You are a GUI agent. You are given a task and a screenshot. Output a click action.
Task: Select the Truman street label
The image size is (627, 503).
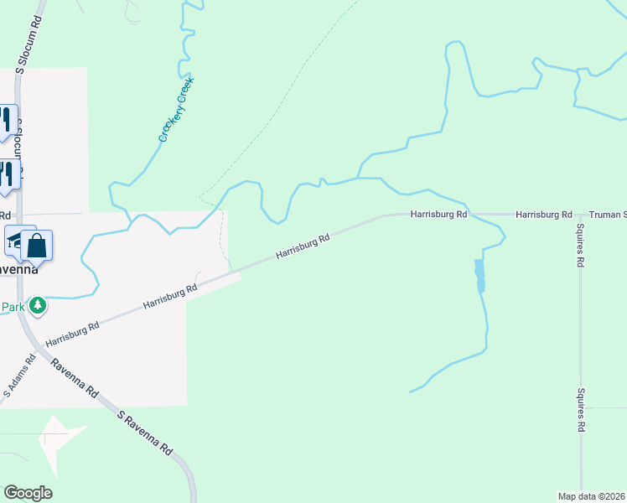coord(607,215)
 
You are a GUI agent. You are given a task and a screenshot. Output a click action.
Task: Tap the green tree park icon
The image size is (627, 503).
coord(37,306)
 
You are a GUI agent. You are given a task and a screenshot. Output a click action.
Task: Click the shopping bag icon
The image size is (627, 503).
coord(37,246)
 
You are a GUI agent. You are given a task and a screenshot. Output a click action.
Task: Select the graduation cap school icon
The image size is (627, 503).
coord(17,241)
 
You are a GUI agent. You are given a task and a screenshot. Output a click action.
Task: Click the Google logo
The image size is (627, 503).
coord(28,493)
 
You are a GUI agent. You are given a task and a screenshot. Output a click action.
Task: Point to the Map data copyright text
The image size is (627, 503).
coord(592,495)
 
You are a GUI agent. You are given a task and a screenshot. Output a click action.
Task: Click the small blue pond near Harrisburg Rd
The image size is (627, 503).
coord(479,275)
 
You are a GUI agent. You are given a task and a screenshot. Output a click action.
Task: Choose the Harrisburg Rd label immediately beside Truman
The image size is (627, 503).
coord(543,215)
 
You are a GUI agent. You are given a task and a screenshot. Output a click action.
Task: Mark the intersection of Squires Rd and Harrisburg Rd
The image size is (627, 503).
coord(580,215)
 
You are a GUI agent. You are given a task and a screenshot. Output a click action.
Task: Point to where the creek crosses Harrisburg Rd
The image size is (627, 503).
coord(471,215)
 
